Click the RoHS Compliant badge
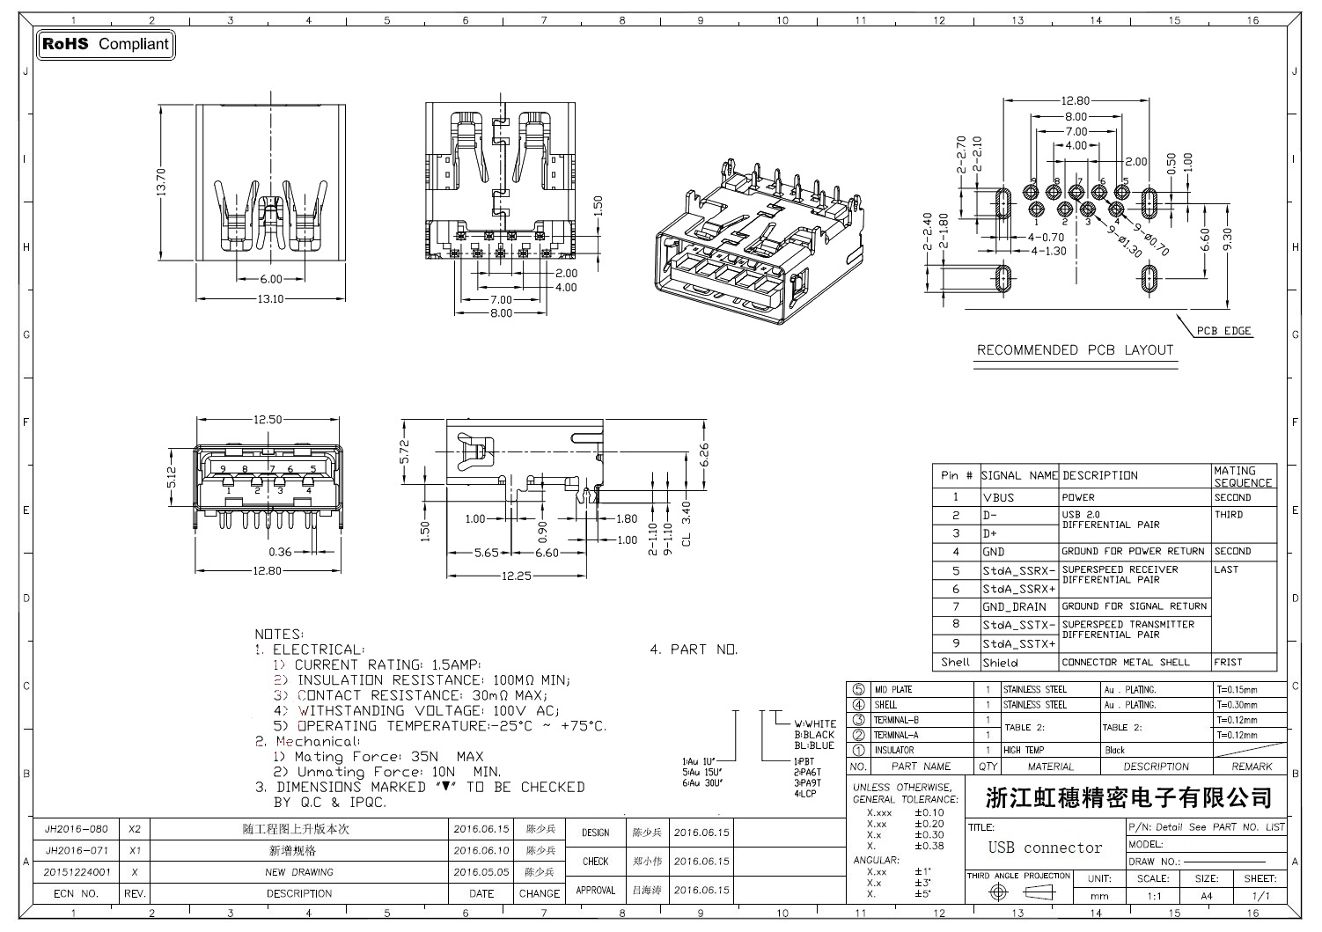pyautogui.click(x=106, y=44)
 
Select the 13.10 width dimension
pyautogui.click(x=270, y=299)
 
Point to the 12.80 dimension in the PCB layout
pyautogui.click(x=1076, y=101)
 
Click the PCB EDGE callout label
pyautogui.click(x=1224, y=332)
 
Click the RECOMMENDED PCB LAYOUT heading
pyautogui.click(x=1075, y=350)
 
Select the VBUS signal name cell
pyautogui.click(x=999, y=497)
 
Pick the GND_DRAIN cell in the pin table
pyautogui.click(x=1015, y=606)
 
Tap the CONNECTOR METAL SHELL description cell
pyautogui.click(x=1125, y=662)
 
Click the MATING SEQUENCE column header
pyautogui.click(x=1243, y=476)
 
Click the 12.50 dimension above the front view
pyautogui.click(x=267, y=420)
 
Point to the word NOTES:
pyautogui.click(x=279, y=634)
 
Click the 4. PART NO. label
pyautogui.click(x=694, y=649)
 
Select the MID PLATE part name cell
pyautogui.click(x=893, y=690)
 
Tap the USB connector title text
pyautogui.click(x=1045, y=848)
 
